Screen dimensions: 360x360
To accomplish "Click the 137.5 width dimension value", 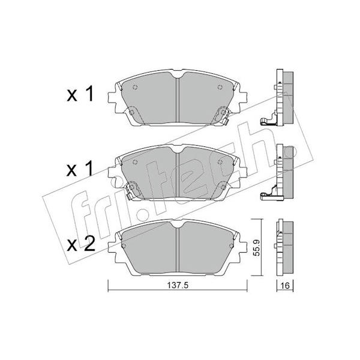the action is coord(178,286).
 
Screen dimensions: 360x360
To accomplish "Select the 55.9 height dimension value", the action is coord(257,247).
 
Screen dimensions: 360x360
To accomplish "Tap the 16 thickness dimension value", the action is coord(284,286).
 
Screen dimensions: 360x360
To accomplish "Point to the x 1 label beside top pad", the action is coord(80,94).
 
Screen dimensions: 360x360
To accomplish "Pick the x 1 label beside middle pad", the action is coord(80,169).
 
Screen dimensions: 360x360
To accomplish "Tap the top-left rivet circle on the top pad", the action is coord(135,87).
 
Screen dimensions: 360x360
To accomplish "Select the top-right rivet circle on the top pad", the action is coord(220,87).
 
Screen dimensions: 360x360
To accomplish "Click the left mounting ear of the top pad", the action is coord(112,97).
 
